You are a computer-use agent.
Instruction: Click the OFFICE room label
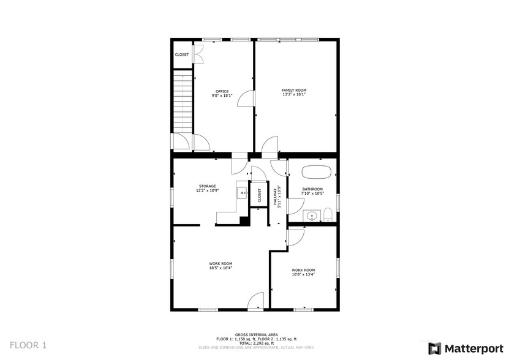click(x=222, y=91)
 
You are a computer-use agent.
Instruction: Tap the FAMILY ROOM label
click(x=293, y=90)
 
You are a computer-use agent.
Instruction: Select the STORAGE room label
click(x=207, y=186)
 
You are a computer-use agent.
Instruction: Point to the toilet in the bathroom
click(x=328, y=215)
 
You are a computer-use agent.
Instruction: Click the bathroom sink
click(x=312, y=216)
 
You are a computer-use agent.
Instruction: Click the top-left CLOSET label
click(x=182, y=54)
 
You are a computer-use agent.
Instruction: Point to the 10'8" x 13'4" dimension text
click(x=303, y=274)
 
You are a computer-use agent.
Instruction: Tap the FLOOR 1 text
click(x=28, y=345)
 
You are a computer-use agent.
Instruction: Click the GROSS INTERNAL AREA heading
click(x=256, y=334)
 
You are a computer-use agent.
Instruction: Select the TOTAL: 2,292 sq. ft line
click(x=256, y=343)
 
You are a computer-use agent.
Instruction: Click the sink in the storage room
click(x=241, y=192)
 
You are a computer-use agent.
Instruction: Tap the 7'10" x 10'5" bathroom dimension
click(x=312, y=193)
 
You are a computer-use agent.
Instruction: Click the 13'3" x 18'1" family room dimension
click(x=293, y=94)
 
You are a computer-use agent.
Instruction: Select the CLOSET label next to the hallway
click(x=259, y=195)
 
